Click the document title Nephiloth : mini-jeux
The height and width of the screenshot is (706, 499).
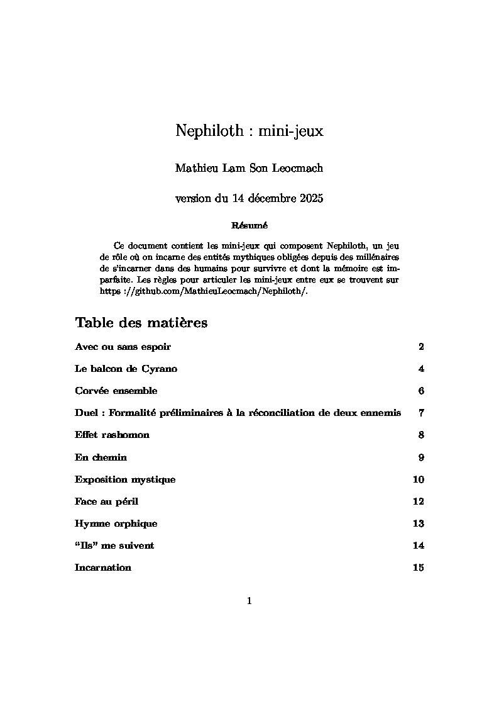(x=249, y=131)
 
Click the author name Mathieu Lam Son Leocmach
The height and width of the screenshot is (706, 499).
(x=249, y=168)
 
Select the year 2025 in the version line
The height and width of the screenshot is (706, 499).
(x=310, y=199)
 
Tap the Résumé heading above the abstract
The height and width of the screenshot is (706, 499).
(x=249, y=225)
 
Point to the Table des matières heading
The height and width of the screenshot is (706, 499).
(x=141, y=323)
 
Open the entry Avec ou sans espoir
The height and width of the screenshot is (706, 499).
(x=123, y=347)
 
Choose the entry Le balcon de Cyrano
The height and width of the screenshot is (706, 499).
(x=126, y=369)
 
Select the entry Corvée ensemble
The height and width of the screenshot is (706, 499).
(x=116, y=391)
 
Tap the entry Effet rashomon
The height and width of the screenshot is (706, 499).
(x=112, y=435)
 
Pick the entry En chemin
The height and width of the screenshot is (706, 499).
(x=101, y=457)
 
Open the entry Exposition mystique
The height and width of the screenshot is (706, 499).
(x=125, y=479)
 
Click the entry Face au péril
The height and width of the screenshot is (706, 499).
(x=106, y=501)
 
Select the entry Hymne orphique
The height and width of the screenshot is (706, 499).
(x=116, y=524)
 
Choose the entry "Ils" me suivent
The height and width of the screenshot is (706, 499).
(x=114, y=546)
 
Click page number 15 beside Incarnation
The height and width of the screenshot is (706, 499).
(x=418, y=568)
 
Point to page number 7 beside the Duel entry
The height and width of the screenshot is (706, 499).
(x=421, y=413)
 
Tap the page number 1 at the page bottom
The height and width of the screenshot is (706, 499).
(x=249, y=601)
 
